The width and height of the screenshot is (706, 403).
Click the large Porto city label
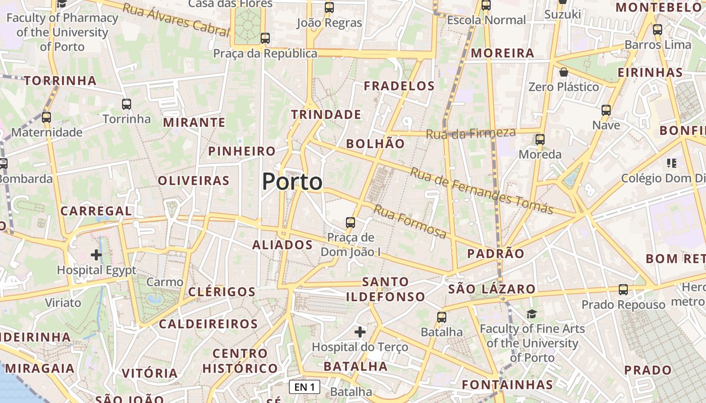click(292, 182)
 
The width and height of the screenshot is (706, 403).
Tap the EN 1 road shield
click(305, 387)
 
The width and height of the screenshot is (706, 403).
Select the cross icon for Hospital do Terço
click(360, 332)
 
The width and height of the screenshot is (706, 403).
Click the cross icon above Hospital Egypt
click(96, 255)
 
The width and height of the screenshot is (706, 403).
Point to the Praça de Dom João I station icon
click(350, 222)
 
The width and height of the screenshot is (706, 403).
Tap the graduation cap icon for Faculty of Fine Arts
click(532, 314)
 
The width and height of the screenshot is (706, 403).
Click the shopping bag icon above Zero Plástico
click(564, 73)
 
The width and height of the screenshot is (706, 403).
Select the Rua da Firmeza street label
click(470, 133)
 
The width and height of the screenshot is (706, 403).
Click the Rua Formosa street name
click(410, 221)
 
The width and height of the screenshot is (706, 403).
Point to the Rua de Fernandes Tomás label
click(481, 190)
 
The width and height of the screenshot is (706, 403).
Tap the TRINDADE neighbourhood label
click(326, 115)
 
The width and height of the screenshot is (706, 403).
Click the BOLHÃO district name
click(375, 144)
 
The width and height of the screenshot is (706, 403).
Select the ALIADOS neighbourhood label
click(282, 245)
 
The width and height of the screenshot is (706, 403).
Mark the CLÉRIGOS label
click(222, 292)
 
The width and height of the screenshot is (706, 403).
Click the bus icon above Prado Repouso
click(623, 290)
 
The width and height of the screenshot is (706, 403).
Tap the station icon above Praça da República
click(265, 38)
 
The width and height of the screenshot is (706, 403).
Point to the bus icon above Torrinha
click(127, 104)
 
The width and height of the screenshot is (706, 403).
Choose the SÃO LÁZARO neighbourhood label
click(492, 289)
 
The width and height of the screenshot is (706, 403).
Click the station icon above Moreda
click(540, 140)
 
